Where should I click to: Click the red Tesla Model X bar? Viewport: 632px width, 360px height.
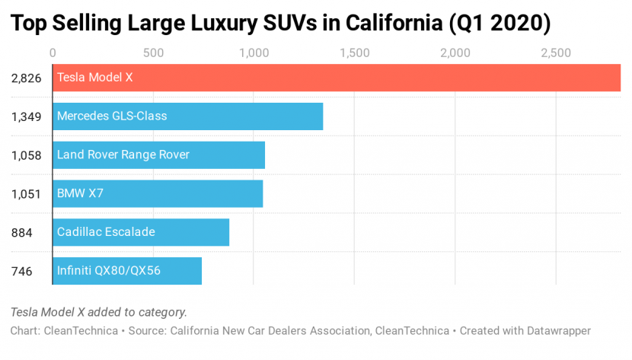[x=336, y=78]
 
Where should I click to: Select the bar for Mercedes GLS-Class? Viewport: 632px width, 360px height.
[x=187, y=116]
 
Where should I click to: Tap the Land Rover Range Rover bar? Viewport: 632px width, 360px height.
[x=158, y=155]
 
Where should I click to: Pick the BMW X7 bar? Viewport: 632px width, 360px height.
[x=158, y=193]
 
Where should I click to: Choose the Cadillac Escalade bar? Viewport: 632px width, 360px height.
[x=141, y=232]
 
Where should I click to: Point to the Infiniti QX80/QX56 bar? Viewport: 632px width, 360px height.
[x=127, y=270]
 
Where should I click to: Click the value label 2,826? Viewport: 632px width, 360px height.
[x=26, y=78]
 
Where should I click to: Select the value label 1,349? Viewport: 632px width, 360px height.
[x=26, y=116]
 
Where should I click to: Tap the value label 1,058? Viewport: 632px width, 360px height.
[x=26, y=155]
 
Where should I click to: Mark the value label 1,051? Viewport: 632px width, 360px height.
[x=26, y=193]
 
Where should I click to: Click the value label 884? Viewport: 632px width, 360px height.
[x=21, y=232]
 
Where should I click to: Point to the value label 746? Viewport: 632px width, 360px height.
[x=21, y=270]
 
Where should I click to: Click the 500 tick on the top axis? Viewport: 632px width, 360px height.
[x=153, y=53]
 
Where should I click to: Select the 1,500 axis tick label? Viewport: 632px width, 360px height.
[x=355, y=53]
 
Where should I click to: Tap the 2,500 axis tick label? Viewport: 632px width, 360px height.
[x=556, y=53]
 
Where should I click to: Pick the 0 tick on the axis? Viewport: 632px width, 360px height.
[x=53, y=53]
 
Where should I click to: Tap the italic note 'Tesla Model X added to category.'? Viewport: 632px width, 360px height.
[x=99, y=312]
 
